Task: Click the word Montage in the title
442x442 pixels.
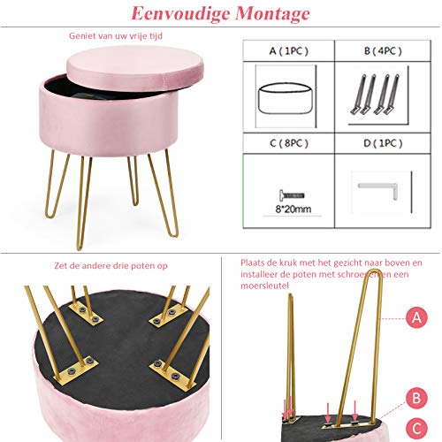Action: pyautogui.click(x=272, y=14)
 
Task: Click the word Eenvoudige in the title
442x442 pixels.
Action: pyautogui.click(x=180, y=14)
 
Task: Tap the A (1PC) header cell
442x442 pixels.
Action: pyautogui.click(x=289, y=51)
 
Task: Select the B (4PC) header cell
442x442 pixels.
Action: pyautogui.click(x=383, y=51)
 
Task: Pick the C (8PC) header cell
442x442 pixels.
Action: pyautogui.click(x=289, y=143)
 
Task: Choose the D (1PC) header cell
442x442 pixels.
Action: pyautogui.click(x=383, y=143)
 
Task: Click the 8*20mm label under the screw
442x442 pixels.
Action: pyautogui.click(x=293, y=210)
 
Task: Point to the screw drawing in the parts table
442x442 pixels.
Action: pyautogui.click(x=292, y=195)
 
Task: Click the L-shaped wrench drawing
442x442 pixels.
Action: pyautogui.click(x=378, y=190)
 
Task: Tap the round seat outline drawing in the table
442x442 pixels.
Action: pyautogui.click(x=285, y=98)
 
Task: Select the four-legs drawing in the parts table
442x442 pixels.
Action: pyautogui.click(x=375, y=95)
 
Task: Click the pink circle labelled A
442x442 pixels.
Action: pyautogui.click(x=416, y=317)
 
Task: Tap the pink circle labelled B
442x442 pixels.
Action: pyautogui.click(x=416, y=398)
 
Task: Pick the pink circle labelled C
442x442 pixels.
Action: pyautogui.click(x=416, y=429)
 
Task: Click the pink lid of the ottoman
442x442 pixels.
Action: pyautogui.click(x=135, y=68)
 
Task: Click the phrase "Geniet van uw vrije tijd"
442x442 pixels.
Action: pyautogui.click(x=116, y=36)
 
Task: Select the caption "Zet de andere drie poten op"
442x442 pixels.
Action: pyautogui.click(x=110, y=266)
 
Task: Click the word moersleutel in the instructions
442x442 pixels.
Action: pyautogui.click(x=264, y=286)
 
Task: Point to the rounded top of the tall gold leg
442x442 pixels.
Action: pyautogui.click(x=374, y=271)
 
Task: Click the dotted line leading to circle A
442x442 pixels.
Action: pyautogui.click(x=393, y=318)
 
